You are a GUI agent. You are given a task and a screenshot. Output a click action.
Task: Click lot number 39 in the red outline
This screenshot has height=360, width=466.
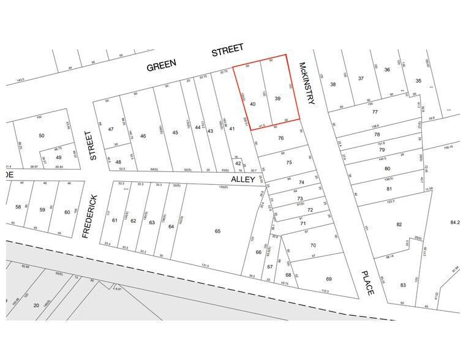(x=277, y=99)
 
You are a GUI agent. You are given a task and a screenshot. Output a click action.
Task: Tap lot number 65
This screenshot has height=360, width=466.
(x=217, y=231)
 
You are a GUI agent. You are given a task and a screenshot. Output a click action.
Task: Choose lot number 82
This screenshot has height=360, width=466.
(x=400, y=225)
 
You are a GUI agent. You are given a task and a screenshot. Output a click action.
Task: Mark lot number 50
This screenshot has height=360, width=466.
(x=42, y=135)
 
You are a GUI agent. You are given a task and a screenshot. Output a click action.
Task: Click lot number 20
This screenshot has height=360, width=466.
(x=36, y=305)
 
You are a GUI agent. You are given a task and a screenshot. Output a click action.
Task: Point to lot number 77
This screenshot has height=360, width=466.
(x=375, y=112)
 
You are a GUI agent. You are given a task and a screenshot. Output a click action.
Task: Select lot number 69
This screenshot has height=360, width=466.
(x=329, y=279)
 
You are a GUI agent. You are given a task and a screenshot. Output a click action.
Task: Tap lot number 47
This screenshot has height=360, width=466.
(x=111, y=129)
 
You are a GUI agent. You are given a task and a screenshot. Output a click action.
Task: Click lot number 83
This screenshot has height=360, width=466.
(x=403, y=285)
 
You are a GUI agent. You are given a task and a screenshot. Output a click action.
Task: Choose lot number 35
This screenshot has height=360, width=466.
(x=418, y=81)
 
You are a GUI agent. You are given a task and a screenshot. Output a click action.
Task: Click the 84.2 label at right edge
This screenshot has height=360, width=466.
(x=455, y=222)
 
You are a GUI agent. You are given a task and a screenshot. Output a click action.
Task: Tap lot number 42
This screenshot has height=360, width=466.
(x=238, y=163)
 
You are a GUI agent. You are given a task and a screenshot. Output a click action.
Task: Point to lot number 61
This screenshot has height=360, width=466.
(x=115, y=220)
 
